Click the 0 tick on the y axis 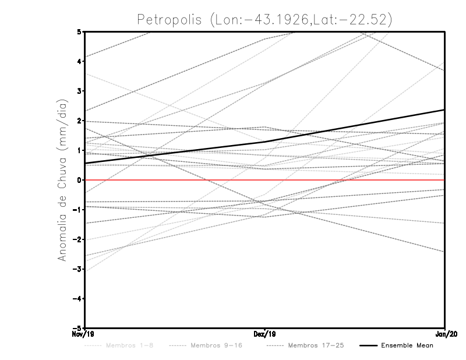(79, 180)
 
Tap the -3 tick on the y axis (77, 269)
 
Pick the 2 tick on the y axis (79, 121)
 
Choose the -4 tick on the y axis (77, 299)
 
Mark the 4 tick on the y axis (79, 61)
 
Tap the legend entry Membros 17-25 (316, 346)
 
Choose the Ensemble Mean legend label (407, 346)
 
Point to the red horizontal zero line (175, 180)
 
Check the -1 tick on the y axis (77, 210)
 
